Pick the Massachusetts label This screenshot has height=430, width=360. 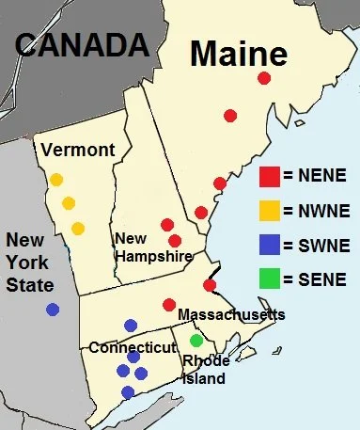[230, 313]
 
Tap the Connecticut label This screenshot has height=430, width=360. [133, 347]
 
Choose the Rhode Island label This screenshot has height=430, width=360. [205, 370]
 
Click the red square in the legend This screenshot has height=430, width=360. [269, 173]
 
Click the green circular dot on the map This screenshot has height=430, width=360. [196, 341]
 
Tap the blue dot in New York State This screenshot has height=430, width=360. [53, 309]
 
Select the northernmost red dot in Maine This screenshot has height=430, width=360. [264, 78]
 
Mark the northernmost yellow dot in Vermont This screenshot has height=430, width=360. [56, 180]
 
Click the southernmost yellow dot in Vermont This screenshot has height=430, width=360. [78, 228]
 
